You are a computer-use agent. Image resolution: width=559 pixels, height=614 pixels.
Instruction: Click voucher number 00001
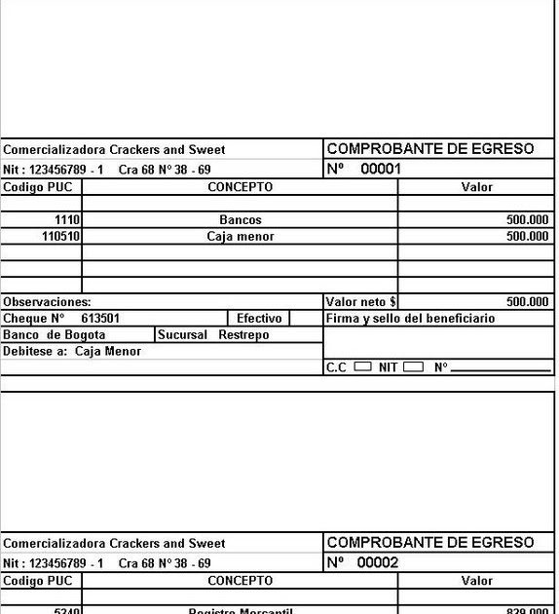381,169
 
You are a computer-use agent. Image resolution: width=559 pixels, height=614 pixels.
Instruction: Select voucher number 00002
378,562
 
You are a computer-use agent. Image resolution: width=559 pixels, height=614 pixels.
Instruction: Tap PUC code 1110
67,220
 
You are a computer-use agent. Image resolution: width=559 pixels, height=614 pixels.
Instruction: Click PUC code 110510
61,237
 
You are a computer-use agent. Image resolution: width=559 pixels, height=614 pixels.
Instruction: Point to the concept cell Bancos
240,220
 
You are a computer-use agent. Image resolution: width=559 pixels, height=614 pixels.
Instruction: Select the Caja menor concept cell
240,237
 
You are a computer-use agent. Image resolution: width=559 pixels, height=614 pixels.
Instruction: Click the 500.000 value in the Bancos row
527,220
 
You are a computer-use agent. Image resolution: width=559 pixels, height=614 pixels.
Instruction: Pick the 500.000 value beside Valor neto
527,302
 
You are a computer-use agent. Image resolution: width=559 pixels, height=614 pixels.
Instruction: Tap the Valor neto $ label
360,302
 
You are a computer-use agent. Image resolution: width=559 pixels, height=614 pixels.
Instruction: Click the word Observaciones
47,302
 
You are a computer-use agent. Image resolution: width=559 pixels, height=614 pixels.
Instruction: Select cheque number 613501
101,319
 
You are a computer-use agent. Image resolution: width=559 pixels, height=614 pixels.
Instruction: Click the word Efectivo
259,319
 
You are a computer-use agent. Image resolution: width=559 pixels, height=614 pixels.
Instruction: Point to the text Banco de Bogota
55,334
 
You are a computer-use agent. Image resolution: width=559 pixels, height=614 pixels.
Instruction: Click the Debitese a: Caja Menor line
72,351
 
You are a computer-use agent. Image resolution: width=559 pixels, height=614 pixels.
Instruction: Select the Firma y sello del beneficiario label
410,319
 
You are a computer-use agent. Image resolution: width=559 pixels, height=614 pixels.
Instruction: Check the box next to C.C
362,367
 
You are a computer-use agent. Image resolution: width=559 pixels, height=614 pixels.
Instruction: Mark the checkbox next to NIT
413,367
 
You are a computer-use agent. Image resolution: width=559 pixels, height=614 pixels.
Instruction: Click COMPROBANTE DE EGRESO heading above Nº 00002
429,543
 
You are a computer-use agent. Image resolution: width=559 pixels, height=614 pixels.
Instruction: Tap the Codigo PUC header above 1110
38,187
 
